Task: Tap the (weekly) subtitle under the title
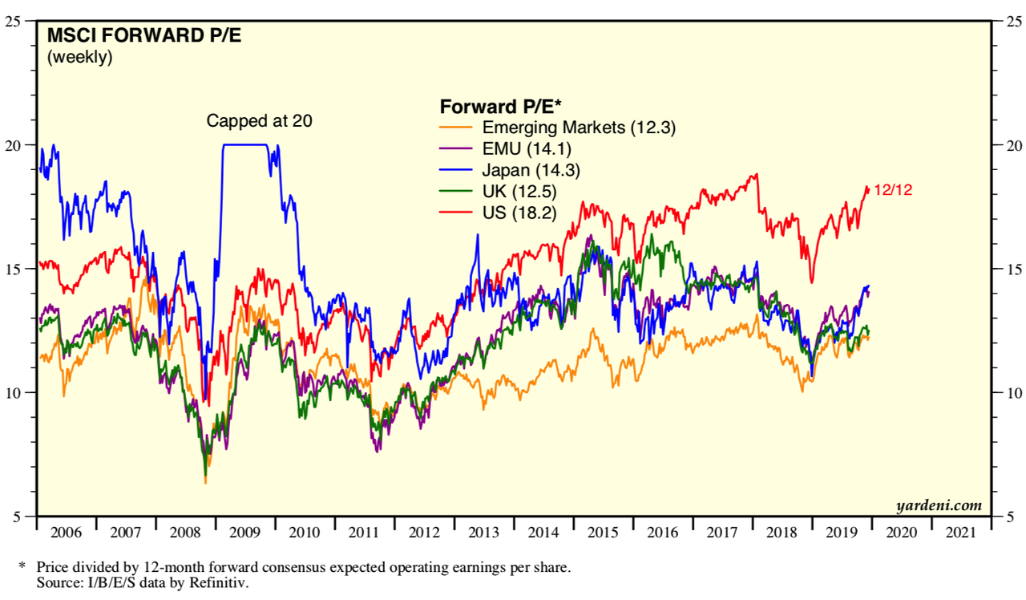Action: (80, 57)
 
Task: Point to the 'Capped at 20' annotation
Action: (259, 121)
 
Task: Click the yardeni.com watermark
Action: (939, 505)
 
